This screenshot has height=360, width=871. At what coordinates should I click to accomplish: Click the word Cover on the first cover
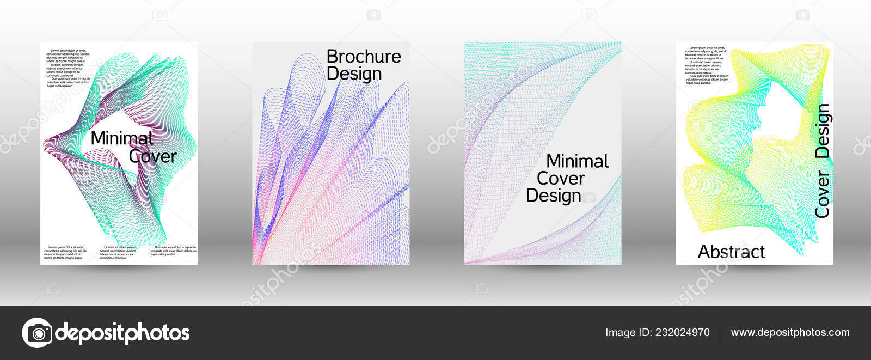coord(152,157)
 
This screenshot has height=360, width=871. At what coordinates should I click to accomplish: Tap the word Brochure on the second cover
coord(363,57)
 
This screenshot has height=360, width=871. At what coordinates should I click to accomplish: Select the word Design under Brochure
coord(354,74)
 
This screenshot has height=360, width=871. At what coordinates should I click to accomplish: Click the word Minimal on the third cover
coord(577,161)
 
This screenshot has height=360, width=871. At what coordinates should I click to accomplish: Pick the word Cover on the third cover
coord(560,178)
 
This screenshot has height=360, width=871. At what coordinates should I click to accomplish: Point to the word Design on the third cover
coord(553,196)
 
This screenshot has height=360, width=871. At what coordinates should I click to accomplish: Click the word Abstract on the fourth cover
coord(731,252)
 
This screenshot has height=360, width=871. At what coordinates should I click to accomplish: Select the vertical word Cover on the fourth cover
coord(821,194)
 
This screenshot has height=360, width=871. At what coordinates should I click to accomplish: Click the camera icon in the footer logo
coord(37,332)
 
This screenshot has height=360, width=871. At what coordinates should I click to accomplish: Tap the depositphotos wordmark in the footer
coord(122,332)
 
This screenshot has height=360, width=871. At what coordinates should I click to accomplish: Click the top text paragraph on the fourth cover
coord(706,65)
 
